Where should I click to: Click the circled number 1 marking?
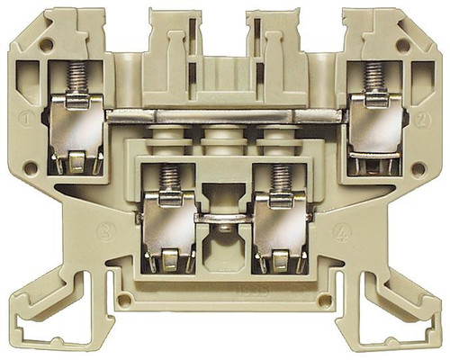click(29, 118)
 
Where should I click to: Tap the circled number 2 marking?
click(421, 118)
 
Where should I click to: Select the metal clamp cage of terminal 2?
click(373, 139)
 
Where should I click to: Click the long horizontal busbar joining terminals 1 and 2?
click(225, 115)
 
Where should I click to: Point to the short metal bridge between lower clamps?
click(224, 217)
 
